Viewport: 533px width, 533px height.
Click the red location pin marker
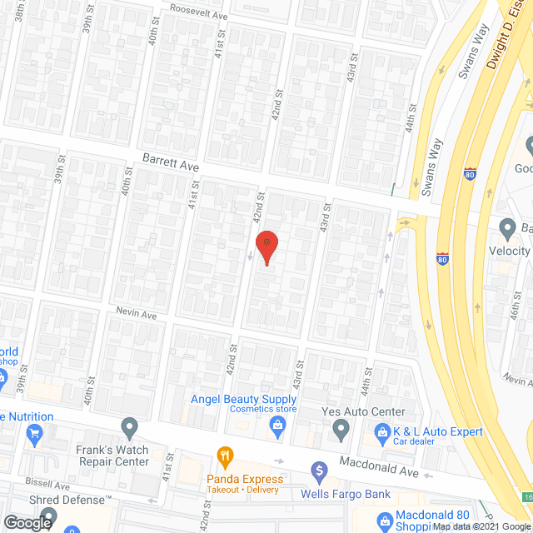266,247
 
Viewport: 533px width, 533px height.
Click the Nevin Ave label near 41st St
137,316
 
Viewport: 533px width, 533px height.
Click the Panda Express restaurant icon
224,456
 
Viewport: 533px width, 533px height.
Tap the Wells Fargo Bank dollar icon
318,472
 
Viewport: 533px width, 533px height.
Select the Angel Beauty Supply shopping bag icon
277,426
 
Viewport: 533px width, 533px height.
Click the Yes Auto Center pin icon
341,431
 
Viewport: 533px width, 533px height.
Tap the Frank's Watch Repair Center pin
129,429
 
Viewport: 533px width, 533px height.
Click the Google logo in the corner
27,522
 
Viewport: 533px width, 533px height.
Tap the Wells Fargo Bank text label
346,494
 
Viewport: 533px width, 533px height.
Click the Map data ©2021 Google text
481,526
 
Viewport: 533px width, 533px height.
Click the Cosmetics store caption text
263,409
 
